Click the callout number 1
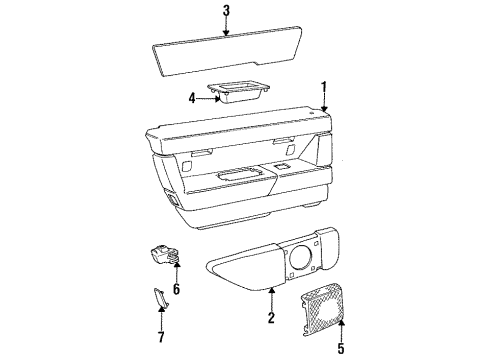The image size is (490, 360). point(323,88)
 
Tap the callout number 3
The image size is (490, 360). point(227,12)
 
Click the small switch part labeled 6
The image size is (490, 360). point(164,257)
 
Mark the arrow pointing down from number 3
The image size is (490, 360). point(227,28)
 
